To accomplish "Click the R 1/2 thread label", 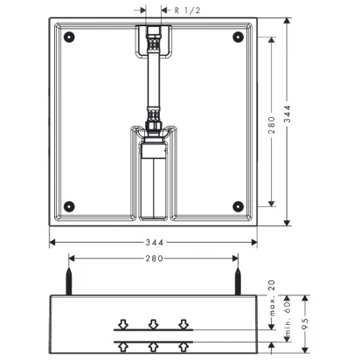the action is tap(187, 10).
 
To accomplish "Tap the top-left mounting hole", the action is tap(69, 37).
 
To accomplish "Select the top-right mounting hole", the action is tap(238, 37).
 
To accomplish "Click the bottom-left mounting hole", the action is tap(69, 206).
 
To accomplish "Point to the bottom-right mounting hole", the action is tap(238, 206).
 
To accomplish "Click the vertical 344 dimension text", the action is tap(287, 114).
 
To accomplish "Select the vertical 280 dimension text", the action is tap(271, 125).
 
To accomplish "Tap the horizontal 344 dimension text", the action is tap(155, 242).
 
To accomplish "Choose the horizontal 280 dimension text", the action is tap(155, 259).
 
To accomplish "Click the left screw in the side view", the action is tap(69, 281).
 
